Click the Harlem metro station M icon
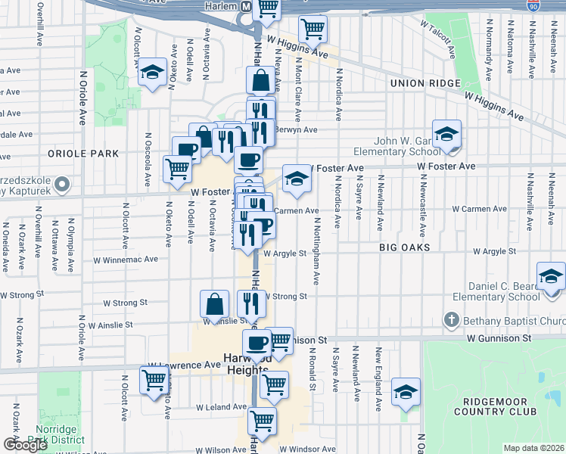245,6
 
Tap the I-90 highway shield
533,5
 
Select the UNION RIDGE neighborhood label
424,83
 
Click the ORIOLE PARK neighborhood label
83,153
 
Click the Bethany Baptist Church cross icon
452,319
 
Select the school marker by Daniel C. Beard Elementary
550,276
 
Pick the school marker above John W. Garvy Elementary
447,133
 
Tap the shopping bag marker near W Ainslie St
215,304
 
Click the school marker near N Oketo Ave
153,73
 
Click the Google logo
24,445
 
